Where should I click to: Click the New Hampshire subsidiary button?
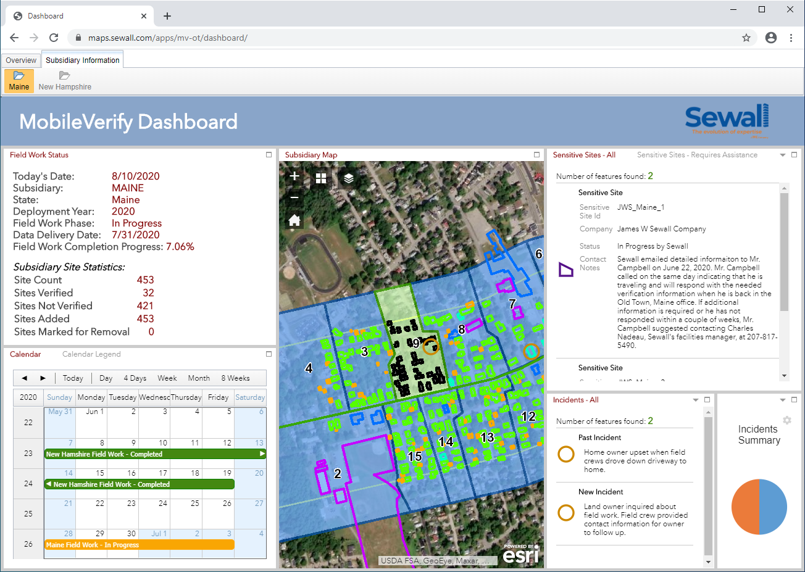(x=65, y=81)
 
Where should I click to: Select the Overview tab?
(x=21, y=60)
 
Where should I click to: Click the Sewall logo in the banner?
(x=727, y=120)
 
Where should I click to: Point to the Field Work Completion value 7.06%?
(x=180, y=247)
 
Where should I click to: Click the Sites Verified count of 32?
(x=148, y=293)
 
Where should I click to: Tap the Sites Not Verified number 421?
(x=145, y=306)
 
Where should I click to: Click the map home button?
(x=294, y=220)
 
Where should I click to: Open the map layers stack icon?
(x=349, y=178)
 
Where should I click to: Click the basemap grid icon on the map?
(x=321, y=178)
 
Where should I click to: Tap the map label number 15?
(x=415, y=457)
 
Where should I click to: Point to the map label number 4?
(x=309, y=368)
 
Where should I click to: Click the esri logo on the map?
(x=521, y=555)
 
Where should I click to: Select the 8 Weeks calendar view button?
(x=235, y=378)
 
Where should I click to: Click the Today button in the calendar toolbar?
(x=73, y=378)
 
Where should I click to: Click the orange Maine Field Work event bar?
(x=139, y=545)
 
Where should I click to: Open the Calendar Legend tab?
(x=91, y=354)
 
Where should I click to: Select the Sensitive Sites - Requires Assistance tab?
(x=697, y=155)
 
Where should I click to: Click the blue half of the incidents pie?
(x=774, y=507)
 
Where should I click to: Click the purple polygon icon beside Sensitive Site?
(x=565, y=270)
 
